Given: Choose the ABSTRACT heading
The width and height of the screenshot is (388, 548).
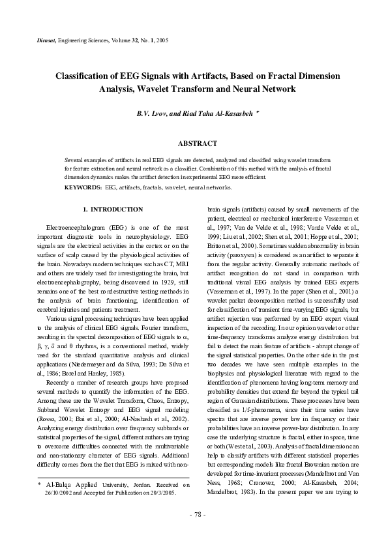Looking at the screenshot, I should coord(194,141).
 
